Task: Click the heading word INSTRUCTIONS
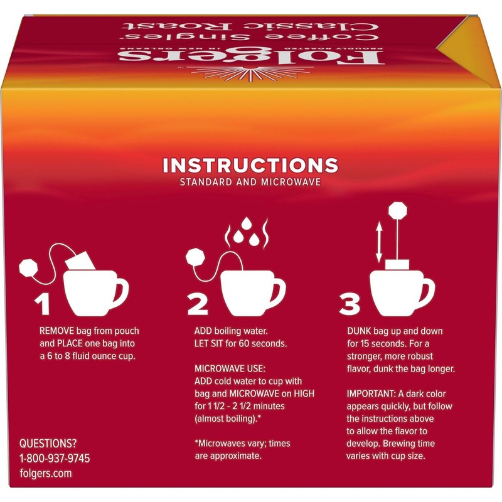(250, 166)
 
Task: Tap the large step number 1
(42, 302)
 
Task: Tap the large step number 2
(198, 302)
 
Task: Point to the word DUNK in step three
(359, 329)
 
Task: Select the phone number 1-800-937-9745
(55, 458)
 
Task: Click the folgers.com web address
(46, 474)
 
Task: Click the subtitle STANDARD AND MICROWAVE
(250, 183)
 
